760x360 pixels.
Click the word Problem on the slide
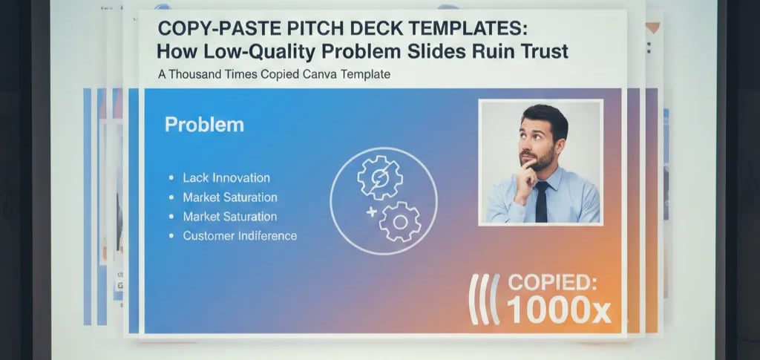(203, 124)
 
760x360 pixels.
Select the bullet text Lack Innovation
(226, 178)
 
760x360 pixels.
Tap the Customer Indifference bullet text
(240, 236)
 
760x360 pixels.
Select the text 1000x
(559, 310)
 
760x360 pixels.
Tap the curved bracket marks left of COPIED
(484, 298)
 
